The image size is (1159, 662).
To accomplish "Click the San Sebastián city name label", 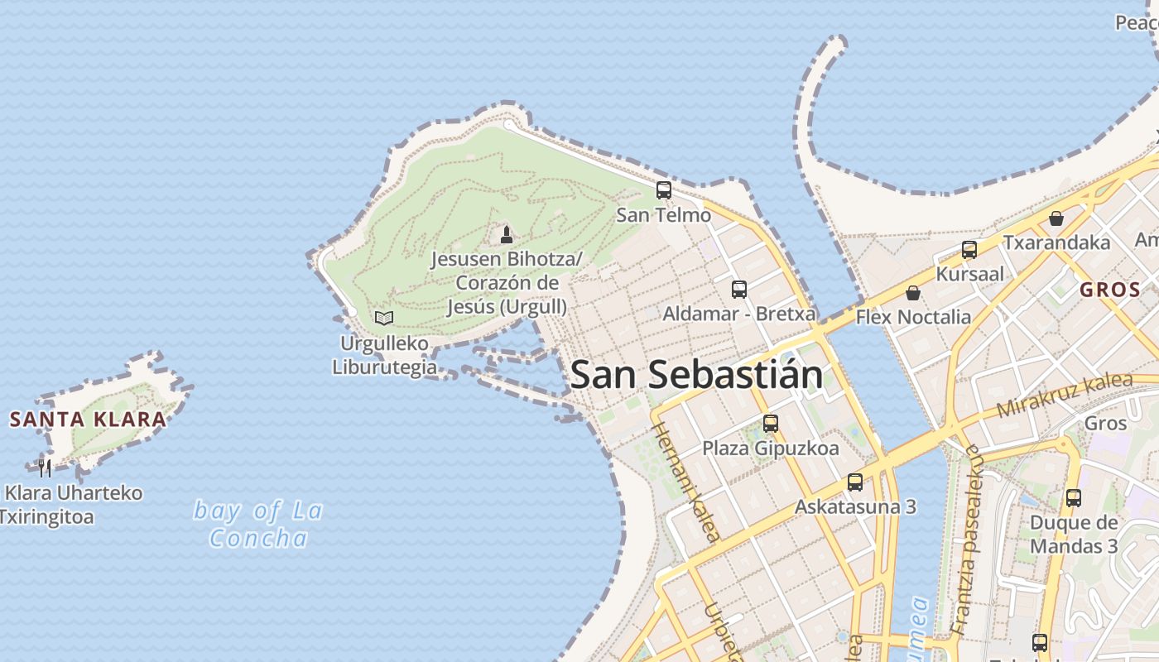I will pos(697,375).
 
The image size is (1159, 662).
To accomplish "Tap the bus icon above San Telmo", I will pos(664,190).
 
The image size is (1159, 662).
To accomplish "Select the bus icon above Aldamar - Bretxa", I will pos(739,290).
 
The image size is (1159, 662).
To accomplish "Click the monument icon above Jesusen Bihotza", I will pos(507,235).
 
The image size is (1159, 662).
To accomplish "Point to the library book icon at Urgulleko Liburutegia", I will pos(384,318).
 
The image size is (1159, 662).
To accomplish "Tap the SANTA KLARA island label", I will pos(88,419).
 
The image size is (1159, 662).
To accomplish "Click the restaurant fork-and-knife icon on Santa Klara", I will pos(45,468).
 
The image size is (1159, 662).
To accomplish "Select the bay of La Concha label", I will pos(258,524).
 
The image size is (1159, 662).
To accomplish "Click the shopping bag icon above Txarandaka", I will pos(1056,218).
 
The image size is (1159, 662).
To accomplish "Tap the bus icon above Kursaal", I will pos(969,249).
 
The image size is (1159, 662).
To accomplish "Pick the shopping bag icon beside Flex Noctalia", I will pos(912,293).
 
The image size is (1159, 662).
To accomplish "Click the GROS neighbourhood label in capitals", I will pos(1110,290).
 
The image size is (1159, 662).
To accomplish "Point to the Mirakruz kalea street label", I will pos(1064,395).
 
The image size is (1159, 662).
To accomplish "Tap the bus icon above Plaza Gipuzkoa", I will pos(771,424).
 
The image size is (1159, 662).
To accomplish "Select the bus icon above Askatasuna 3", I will pos(855,482).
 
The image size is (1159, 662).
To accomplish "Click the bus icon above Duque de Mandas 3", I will pos(1074,498).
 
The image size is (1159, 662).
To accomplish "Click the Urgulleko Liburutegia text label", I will pos(384,354).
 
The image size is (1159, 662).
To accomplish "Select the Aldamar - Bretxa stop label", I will pos(739,314).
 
